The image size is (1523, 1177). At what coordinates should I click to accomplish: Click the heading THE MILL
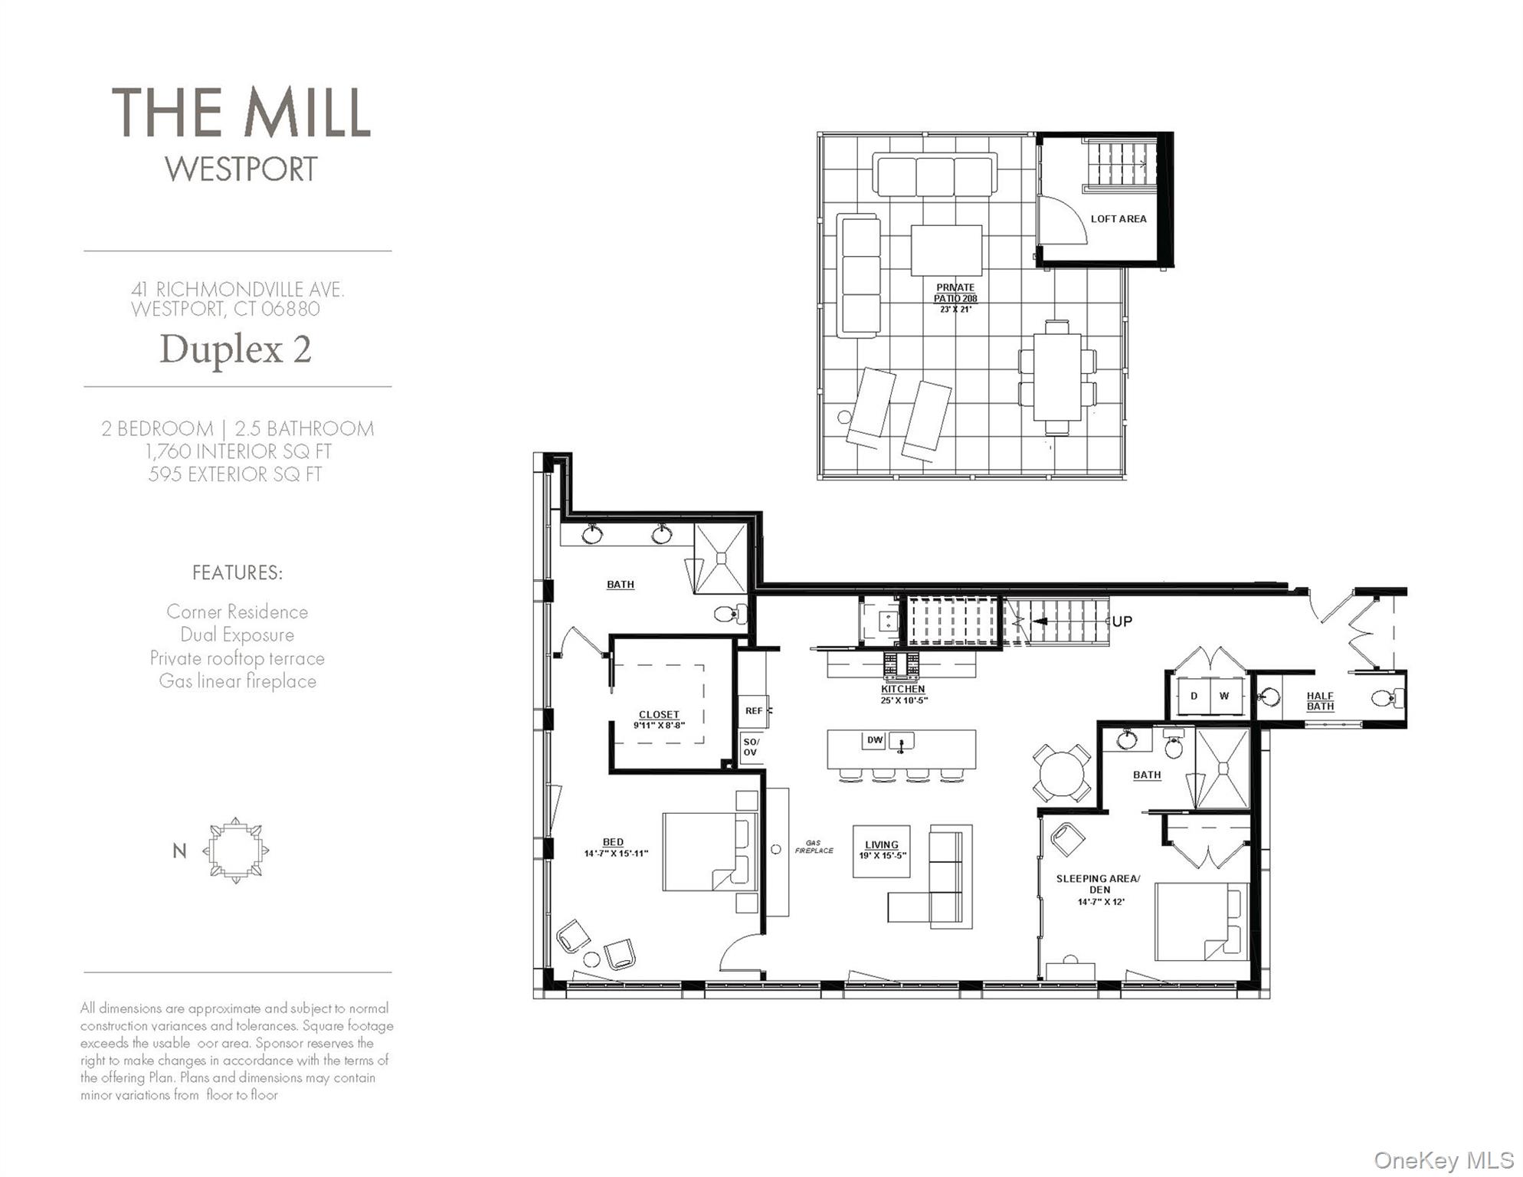[241, 113]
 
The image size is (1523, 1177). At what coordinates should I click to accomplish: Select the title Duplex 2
[235, 349]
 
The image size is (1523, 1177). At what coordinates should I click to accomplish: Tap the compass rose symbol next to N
[236, 851]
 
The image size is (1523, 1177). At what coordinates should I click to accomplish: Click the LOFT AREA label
[1118, 219]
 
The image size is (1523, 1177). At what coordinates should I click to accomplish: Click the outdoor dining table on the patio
[1056, 377]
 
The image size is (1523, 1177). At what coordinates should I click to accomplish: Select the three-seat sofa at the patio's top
[934, 175]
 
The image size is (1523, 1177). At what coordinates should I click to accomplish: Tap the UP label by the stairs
[1122, 621]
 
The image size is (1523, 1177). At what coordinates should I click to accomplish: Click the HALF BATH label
[1319, 701]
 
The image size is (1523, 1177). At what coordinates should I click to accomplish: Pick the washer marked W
[1223, 696]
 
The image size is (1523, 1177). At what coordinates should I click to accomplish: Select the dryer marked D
[1194, 696]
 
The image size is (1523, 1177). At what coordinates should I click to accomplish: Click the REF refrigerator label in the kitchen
[754, 710]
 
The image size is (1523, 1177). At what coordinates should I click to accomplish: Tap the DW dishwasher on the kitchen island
[874, 739]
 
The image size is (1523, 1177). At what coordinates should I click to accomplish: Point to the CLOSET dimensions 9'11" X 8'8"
[658, 725]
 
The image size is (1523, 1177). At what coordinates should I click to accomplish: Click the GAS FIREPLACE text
[814, 847]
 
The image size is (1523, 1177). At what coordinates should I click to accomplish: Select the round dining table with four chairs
[1061, 773]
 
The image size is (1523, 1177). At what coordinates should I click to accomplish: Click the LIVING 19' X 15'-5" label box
[881, 851]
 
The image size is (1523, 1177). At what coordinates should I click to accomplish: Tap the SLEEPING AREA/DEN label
[1098, 884]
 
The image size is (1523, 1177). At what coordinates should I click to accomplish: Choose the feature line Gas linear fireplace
[237, 681]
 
